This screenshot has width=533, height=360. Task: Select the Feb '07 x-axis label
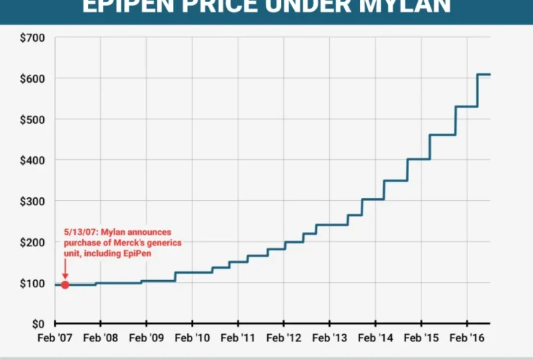pos(54,338)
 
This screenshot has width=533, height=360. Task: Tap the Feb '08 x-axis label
pos(100,338)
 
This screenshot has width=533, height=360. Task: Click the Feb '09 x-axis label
pos(146,338)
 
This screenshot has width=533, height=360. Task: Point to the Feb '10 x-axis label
pos(192,338)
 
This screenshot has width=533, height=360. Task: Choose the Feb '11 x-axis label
pos(238,338)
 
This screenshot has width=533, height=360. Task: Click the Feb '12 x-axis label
pos(285,338)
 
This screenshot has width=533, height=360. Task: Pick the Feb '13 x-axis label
pos(330,338)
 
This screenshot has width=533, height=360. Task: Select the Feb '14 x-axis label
pos(376,338)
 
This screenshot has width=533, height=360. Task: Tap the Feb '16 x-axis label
pos(467,338)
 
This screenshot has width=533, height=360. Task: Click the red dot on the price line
pos(65,284)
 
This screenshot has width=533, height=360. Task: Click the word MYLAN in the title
pos(403,7)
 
